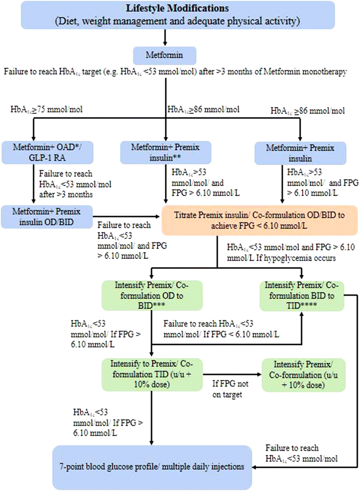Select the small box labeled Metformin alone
click(x=164, y=55)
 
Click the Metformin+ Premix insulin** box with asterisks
click(x=165, y=151)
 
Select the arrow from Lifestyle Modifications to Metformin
click(x=164, y=37)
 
